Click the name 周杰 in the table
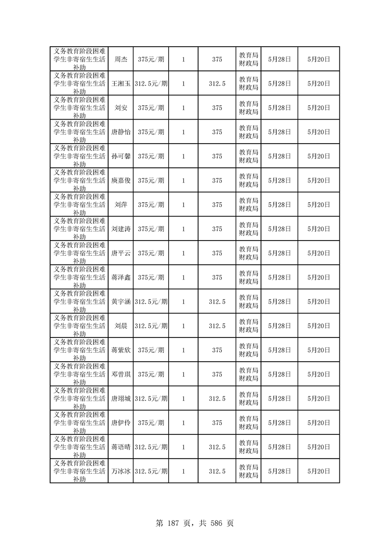(x=120, y=59)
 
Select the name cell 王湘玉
(x=120, y=84)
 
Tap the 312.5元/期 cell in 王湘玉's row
(x=151, y=84)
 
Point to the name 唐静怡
(x=120, y=132)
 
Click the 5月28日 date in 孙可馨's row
(x=279, y=156)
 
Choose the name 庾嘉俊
(x=120, y=181)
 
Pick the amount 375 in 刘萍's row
(x=217, y=205)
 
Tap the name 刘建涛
(x=120, y=229)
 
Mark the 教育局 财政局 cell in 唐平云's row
(x=248, y=253)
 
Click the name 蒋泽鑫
(x=120, y=277)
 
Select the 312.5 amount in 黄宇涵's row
(x=217, y=302)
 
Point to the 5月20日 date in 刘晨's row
(x=319, y=326)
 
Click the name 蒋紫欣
(x=120, y=350)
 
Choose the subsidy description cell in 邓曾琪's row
(x=79, y=374)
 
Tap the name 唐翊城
(x=120, y=399)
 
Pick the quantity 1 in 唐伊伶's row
(x=183, y=423)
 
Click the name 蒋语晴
(x=120, y=447)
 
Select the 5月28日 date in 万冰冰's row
(x=279, y=471)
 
